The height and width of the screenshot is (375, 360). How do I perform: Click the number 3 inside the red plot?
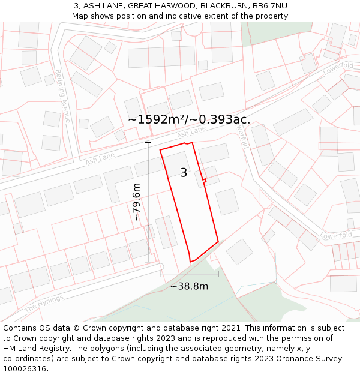point(184,173)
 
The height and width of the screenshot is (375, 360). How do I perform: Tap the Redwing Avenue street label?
point(62,96)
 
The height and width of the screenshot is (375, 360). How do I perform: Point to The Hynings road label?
point(43,304)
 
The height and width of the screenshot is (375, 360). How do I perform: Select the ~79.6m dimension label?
point(137,202)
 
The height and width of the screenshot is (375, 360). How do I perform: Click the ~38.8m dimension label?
point(189,286)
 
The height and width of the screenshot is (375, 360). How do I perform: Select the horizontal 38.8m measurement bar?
point(189,274)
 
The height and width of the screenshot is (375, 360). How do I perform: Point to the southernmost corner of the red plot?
point(191,262)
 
